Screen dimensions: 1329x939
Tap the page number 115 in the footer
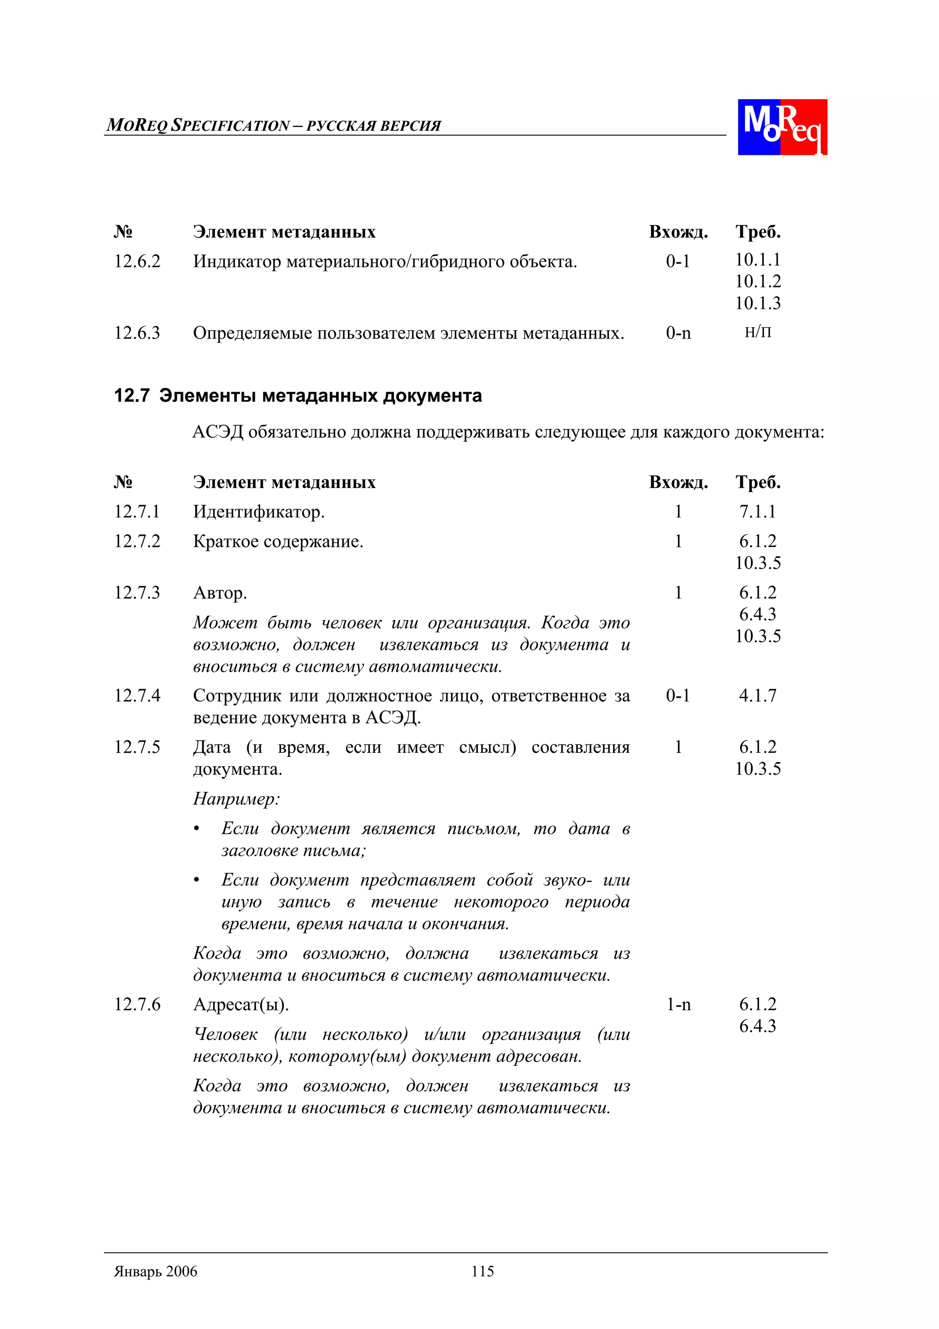point(482,1271)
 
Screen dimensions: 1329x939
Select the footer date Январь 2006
point(155,1271)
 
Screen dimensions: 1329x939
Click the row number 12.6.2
point(137,261)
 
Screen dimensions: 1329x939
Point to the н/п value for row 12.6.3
point(757,332)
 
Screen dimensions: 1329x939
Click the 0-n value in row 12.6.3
point(678,334)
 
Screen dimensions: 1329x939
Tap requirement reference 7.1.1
point(757,512)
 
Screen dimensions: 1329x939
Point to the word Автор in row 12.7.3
point(219,593)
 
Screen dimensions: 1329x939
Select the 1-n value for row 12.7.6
point(678,1004)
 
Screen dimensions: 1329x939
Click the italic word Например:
point(236,799)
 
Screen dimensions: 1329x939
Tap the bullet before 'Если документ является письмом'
point(197,829)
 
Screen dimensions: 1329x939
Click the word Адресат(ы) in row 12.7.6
point(241,1005)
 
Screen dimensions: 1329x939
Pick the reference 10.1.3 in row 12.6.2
point(757,303)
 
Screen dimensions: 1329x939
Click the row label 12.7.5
point(137,747)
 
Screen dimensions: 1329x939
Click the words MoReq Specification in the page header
point(198,125)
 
